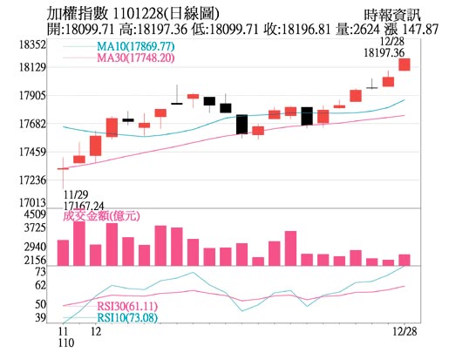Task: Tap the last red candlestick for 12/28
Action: point(405,65)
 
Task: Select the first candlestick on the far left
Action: point(63,168)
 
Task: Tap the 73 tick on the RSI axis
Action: point(40,272)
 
